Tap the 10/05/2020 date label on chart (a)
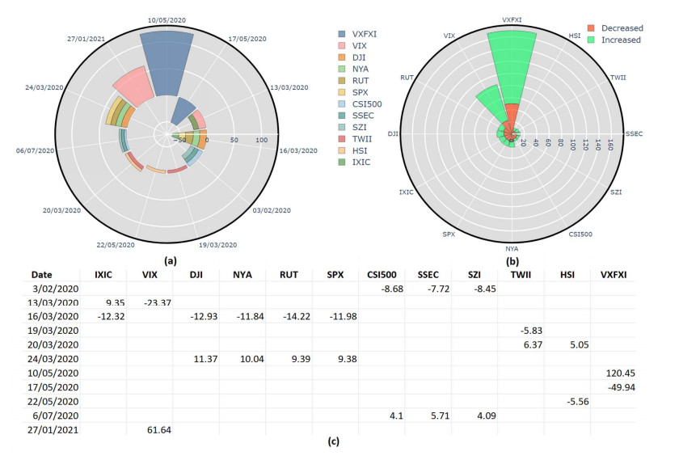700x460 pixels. click(x=167, y=17)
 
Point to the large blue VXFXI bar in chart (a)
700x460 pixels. click(x=167, y=65)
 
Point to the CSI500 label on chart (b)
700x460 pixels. click(x=580, y=234)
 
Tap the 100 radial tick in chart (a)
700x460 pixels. click(x=261, y=141)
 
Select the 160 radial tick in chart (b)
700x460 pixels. click(x=611, y=142)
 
